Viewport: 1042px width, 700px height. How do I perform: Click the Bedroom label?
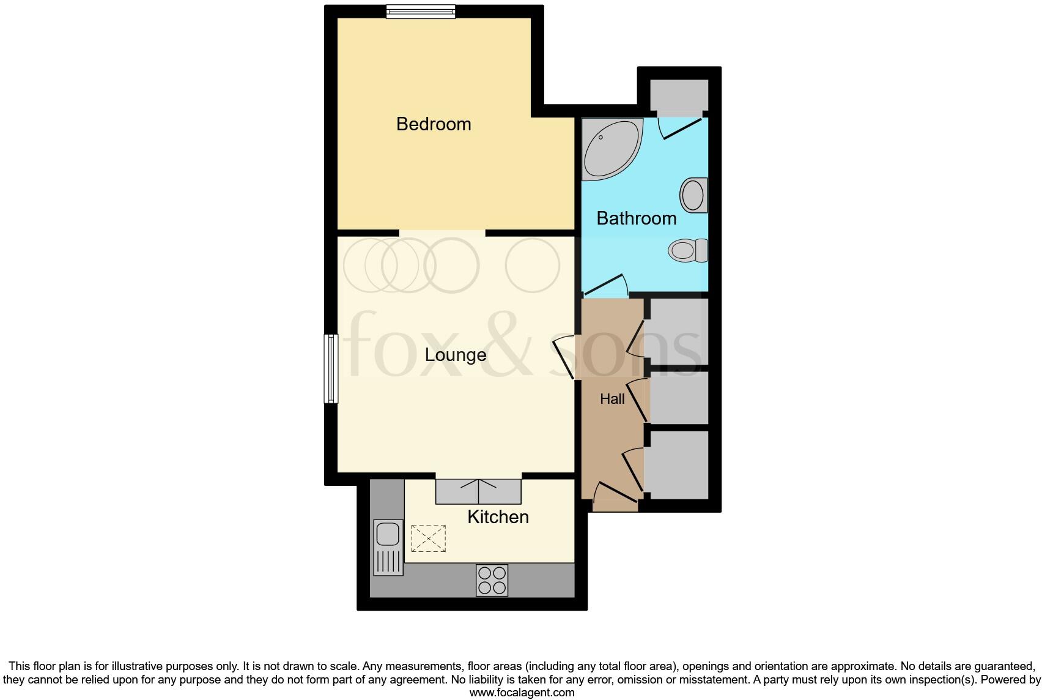coord(434,124)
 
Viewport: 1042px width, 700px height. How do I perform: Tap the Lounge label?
coord(456,355)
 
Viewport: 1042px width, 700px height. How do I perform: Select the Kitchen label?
coord(498,517)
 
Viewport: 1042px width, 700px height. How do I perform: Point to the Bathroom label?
coord(636,218)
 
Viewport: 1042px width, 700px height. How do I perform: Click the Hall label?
coord(612,399)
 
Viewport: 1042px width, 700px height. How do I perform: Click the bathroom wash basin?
coord(693,195)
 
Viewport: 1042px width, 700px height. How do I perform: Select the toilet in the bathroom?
coord(688,250)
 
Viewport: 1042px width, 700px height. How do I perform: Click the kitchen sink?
coord(388,534)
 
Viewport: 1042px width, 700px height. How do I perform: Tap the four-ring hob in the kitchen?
coord(492,580)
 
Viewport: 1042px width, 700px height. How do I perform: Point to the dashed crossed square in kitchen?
coord(428,538)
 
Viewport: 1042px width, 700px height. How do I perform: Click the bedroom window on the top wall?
coord(421,11)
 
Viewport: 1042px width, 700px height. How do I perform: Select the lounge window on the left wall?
coord(331,368)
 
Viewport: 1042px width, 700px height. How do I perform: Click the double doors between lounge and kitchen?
coord(478,491)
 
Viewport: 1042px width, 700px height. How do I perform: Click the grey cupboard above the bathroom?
coord(679,95)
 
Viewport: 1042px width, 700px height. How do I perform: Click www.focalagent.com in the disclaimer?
coord(522,693)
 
